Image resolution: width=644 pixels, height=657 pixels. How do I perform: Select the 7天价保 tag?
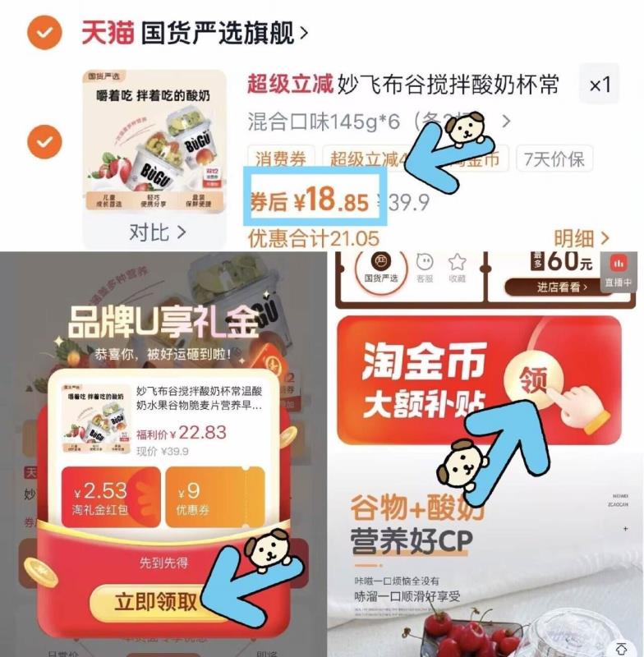[556, 159]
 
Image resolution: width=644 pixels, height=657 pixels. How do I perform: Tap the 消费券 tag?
[280, 159]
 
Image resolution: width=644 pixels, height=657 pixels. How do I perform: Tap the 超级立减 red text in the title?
[290, 85]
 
